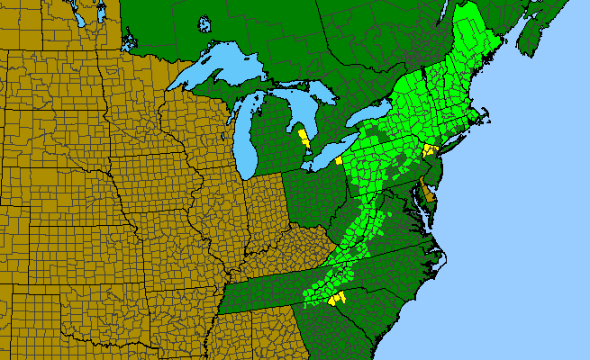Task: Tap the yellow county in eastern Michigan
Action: pyautogui.click(x=304, y=140)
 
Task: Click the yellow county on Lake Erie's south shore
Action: pyautogui.click(x=338, y=160)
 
